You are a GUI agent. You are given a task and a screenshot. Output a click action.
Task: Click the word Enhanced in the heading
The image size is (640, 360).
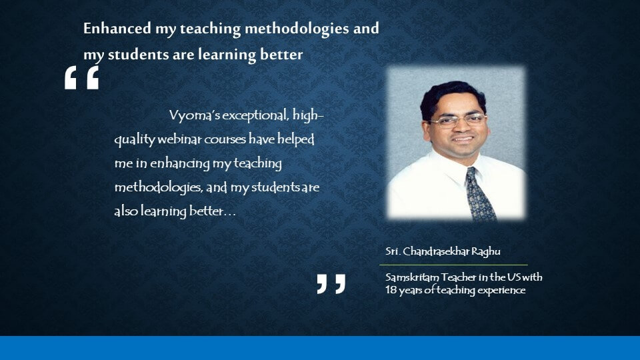pos(117,28)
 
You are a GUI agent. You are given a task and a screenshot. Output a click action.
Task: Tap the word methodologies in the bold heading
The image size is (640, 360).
pos(297,29)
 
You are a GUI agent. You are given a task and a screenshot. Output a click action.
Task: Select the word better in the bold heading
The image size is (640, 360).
pos(281,54)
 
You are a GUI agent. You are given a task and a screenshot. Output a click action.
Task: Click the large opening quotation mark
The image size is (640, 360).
pos(81,77)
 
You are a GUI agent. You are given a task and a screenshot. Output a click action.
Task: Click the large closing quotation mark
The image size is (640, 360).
pos(331,284)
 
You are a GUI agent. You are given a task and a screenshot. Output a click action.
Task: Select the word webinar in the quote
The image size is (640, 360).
pos(179,139)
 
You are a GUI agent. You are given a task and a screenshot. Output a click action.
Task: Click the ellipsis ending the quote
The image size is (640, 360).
pos(230,214)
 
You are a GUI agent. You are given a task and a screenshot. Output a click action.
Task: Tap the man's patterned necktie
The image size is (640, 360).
pos(481,194)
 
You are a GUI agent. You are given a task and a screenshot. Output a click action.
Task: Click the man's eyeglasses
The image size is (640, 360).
pos(457,120)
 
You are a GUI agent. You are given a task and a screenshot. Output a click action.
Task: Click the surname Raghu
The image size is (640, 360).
pos(486,251)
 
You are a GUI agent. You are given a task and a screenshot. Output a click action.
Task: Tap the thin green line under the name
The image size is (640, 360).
pos(453,265)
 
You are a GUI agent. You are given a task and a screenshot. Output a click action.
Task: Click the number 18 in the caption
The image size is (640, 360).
pos(390,290)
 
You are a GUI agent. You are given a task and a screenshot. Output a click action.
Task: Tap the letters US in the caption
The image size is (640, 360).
pos(514,277)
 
